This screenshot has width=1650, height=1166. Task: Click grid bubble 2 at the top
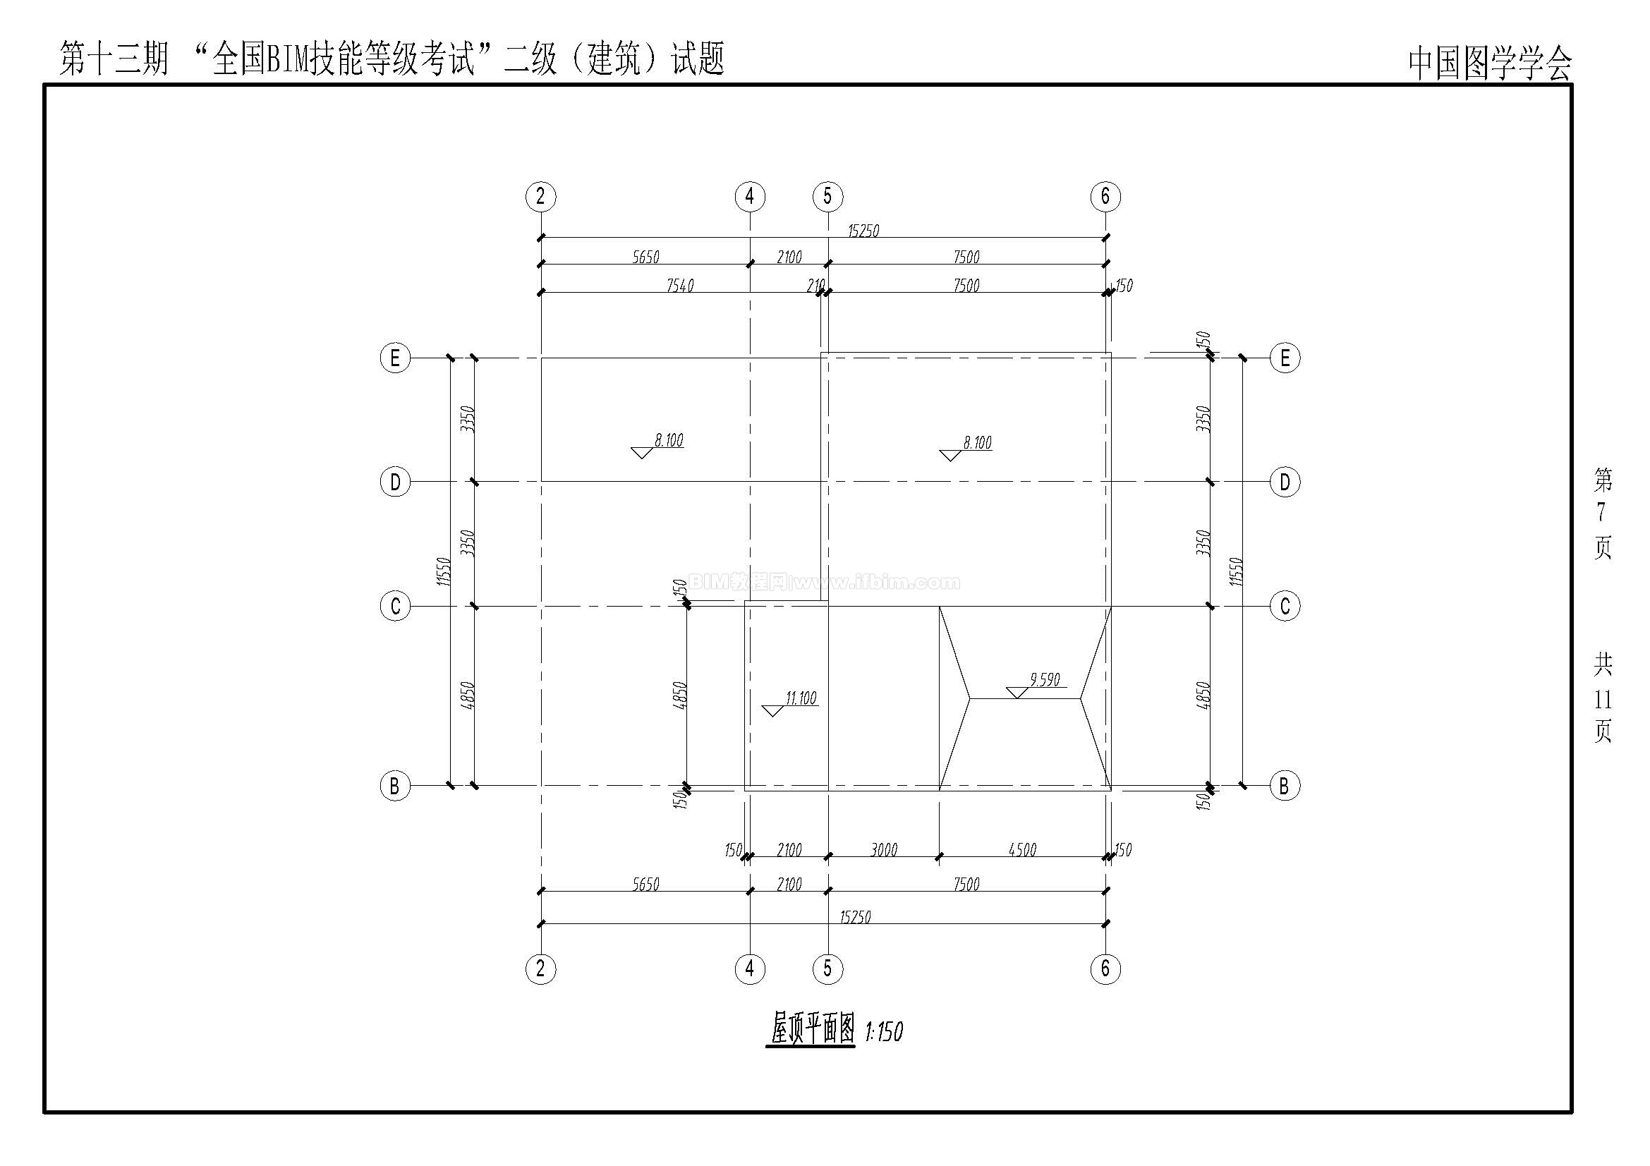click(x=540, y=196)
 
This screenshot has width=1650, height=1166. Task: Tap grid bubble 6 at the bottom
click(x=1105, y=969)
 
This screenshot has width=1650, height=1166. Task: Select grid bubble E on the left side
click(x=394, y=358)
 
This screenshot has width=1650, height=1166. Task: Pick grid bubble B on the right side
click(x=1285, y=786)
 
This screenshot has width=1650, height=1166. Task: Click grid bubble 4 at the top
click(x=751, y=196)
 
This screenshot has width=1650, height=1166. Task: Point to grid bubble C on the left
click(x=394, y=607)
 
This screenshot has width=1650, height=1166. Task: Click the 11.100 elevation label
click(x=801, y=698)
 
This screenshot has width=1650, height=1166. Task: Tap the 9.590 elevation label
click(x=1045, y=679)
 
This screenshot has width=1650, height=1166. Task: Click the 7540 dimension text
click(x=680, y=285)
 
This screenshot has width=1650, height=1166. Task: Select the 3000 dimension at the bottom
click(x=884, y=850)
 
